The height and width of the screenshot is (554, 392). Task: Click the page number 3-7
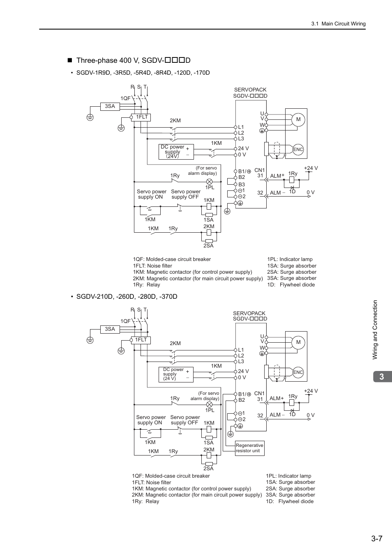point(376,539)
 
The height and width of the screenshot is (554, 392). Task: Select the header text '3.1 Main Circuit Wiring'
point(338,24)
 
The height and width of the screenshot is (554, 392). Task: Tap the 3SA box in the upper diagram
point(110,106)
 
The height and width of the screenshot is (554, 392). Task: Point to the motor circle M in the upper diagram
point(298,119)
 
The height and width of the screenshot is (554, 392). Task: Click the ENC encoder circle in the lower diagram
point(298,372)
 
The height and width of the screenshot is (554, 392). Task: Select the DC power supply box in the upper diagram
point(176,152)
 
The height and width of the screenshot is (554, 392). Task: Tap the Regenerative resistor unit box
point(249,448)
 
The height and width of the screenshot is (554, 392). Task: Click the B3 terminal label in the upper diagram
point(242,185)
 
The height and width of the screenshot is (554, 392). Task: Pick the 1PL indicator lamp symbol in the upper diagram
point(209,181)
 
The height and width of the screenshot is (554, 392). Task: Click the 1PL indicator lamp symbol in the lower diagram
point(209,404)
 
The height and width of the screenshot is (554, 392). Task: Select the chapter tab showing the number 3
point(382,377)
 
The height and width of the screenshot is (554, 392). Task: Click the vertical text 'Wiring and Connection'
point(375,330)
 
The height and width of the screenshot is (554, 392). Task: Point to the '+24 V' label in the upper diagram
point(311,168)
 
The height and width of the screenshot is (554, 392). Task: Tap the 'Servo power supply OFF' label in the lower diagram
point(185,420)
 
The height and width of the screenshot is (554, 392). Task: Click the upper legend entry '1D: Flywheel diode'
point(291,284)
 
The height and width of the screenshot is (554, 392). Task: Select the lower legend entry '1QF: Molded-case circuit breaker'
point(171,476)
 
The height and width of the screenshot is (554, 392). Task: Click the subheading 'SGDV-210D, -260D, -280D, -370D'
point(127,296)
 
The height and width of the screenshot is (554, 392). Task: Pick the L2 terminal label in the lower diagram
point(241,356)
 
